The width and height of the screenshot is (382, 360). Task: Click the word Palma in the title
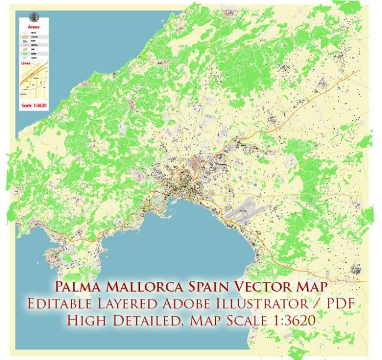(x=79, y=287)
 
